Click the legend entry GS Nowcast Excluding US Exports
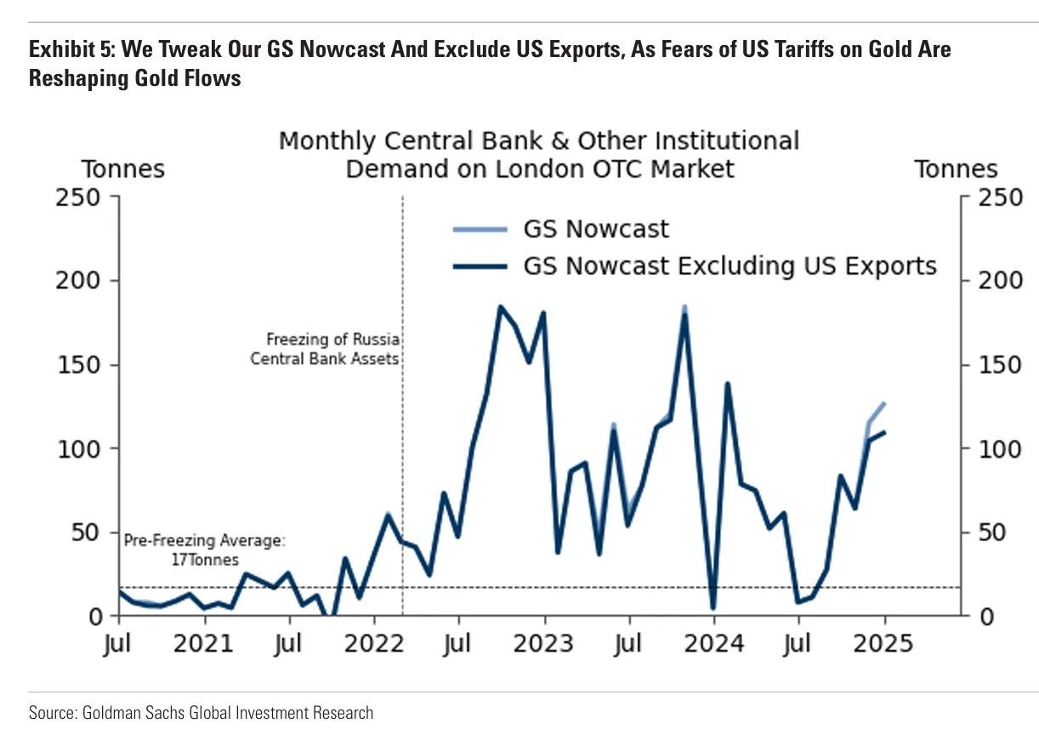coord(730,266)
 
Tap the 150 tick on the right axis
coord(988,365)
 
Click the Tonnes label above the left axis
coord(122,169)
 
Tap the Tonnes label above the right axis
coord(956,169)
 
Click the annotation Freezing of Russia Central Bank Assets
coord(325,349)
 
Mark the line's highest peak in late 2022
coord(501,307)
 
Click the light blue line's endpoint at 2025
coord(885,403)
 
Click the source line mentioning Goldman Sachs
coord(201,712)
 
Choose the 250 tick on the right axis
coord(988,197)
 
